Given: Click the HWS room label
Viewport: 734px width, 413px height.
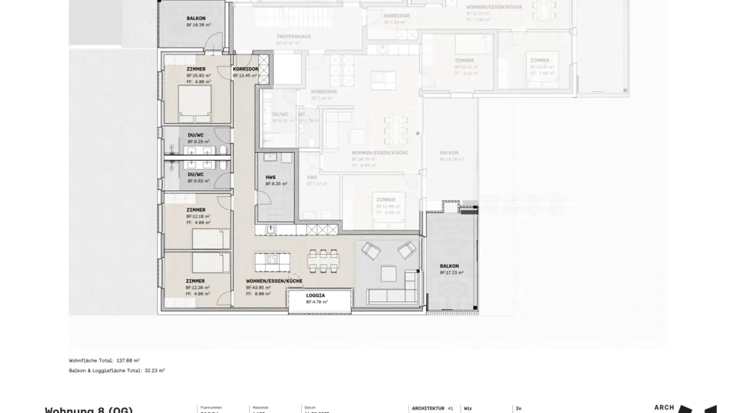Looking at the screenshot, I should [270, 177].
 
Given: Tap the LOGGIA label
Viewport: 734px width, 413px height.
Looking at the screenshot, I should [316, 295].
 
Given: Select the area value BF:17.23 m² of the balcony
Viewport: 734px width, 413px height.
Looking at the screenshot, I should [452, 273].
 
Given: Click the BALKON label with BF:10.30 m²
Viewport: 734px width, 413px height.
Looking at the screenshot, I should [196, 18].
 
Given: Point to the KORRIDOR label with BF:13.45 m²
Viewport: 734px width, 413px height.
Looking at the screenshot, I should [245, 69].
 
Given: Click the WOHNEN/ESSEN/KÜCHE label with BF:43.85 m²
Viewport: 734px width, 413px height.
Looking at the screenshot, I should [274, 281].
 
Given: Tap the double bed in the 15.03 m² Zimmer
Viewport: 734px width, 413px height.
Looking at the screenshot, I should [194, 104].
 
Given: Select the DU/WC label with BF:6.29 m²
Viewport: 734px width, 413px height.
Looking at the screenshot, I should [195, 135].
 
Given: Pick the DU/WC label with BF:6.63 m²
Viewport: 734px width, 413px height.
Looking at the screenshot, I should [195, 174].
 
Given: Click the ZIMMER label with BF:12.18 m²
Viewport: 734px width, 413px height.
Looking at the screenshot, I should [196, 210].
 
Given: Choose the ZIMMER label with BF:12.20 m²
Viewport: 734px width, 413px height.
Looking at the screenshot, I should [195, 281].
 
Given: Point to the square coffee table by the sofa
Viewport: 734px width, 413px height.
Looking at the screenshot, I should [388, 274].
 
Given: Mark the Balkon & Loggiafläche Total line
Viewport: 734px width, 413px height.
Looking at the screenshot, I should [117, 370].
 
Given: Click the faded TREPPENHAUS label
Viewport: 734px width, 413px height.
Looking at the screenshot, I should [294, 37].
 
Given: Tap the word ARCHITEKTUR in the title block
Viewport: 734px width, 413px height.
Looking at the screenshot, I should [428, 408].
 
